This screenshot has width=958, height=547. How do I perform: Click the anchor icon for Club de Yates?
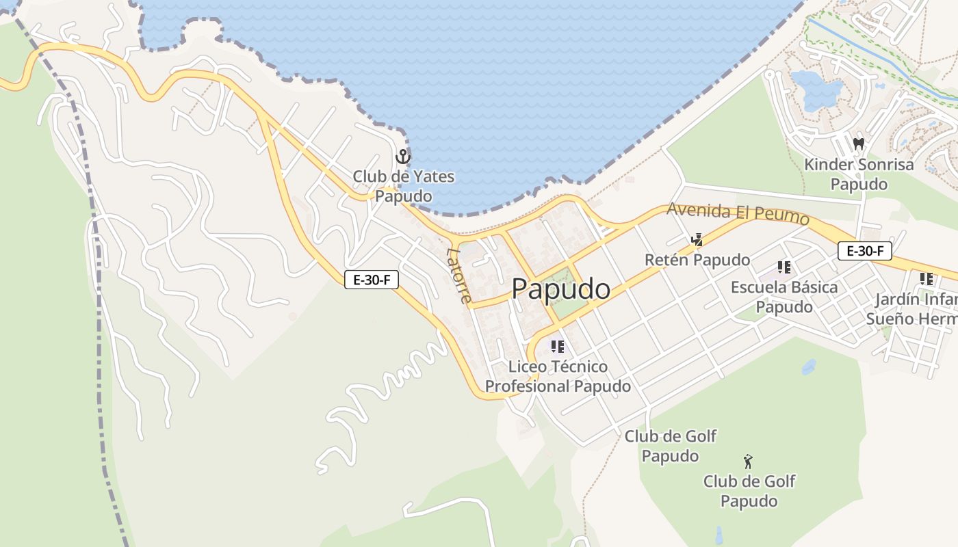coord(403,157)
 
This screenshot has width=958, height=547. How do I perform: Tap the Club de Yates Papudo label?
coord(403,187)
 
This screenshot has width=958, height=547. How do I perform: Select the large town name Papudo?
coord(560,289)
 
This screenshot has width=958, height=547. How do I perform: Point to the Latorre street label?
coord(459,275)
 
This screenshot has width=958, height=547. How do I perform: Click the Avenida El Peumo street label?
coord(738,214)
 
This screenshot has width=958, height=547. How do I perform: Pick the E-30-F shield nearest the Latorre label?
coord(372,279)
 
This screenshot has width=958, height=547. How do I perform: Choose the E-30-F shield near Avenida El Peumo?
coord(865,251)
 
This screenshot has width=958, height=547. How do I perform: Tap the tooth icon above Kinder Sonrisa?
coord(859,144)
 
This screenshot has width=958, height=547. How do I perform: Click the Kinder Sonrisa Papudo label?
coord(859,174)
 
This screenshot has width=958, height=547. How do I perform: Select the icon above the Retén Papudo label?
coord(697,239)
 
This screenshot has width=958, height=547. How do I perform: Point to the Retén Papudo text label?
coord(697,260)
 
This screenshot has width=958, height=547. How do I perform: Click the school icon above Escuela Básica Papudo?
coord(784,267)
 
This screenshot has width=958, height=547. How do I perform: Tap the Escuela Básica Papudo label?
coord(784,297)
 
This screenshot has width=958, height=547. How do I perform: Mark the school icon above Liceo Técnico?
coord(558,347)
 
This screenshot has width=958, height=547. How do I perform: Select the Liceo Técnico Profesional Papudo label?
coord(558,377)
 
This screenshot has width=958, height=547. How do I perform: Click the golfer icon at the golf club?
coord(748,462)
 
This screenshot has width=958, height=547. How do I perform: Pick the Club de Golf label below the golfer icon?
coord(749,491)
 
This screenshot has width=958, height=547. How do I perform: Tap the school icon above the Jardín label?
coord(927,279)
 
